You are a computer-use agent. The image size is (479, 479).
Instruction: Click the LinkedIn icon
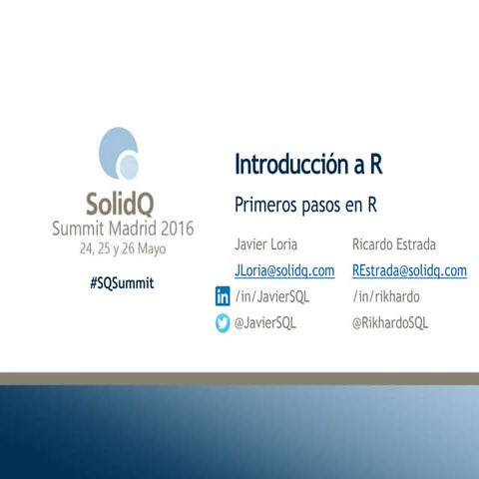tap(223, 296)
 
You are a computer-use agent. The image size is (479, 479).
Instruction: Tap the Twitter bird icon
tap(223, 322)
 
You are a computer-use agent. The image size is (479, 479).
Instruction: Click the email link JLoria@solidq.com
tap(284, 270)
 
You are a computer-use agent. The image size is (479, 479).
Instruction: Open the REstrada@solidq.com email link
tap(409, 270)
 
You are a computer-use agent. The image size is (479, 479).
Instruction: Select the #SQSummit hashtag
tap(122, 282)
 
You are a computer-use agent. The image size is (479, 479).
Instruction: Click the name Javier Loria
tap(265, 244)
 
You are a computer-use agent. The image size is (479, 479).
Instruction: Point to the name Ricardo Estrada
tap(393, 244)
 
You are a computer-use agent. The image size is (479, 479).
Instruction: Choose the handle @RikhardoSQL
tap(390, 322)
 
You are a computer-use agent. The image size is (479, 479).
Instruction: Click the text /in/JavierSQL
tap(271, 296)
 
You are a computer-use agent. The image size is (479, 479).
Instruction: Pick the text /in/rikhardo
tap(385, 296)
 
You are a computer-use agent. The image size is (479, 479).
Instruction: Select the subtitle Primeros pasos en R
tap(304, 205)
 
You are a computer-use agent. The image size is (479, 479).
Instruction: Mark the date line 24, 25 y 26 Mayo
tap(123, 248)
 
